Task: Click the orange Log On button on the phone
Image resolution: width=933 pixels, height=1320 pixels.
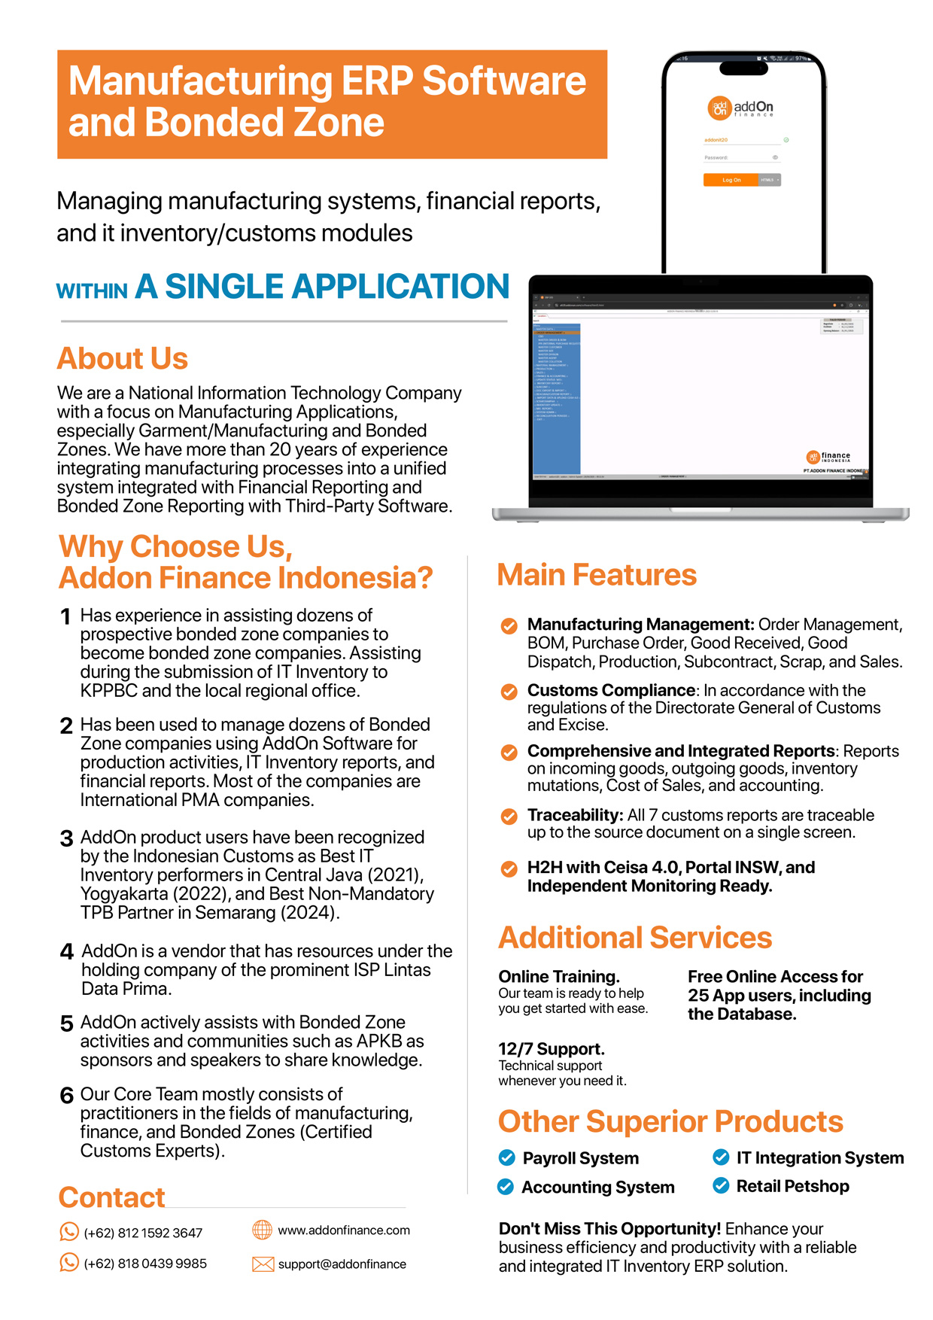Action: [x=731, y=180]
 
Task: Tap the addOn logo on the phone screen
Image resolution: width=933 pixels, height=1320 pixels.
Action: [x=740, y=108]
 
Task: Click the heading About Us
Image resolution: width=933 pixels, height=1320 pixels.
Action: [x=123, y=358]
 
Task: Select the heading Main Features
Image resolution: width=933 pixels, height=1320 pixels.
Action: [x=597, y=575]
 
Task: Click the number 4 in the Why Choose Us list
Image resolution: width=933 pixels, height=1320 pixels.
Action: [x=67, y=952]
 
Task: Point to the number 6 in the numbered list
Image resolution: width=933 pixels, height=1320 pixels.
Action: [x=67, y=1095]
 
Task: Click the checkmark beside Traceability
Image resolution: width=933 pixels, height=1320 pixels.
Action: [x=509, y=817]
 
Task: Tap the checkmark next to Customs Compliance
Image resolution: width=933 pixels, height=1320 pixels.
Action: [x=509, y=692]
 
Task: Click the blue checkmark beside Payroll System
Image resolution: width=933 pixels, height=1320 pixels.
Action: [x=507, y=1157]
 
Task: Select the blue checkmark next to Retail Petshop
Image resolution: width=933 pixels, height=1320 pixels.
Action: [x=721, y=1186]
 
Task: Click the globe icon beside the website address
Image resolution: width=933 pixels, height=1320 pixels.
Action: [x=262, y=1230]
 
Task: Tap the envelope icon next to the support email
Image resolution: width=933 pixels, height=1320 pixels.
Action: [x=263, y=1264]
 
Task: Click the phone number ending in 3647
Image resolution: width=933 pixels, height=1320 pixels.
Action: [x=143, y=1233]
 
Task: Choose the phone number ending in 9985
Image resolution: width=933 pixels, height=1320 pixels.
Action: [x=145, y=1264]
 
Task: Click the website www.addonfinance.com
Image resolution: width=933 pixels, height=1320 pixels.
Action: [x=344, y=1230]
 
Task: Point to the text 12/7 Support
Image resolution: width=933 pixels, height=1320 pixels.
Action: [x=552, y=1049]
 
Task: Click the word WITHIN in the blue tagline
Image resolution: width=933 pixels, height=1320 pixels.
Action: [x=92, y=291]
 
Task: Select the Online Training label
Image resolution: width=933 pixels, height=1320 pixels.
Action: [x=559, y=977]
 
